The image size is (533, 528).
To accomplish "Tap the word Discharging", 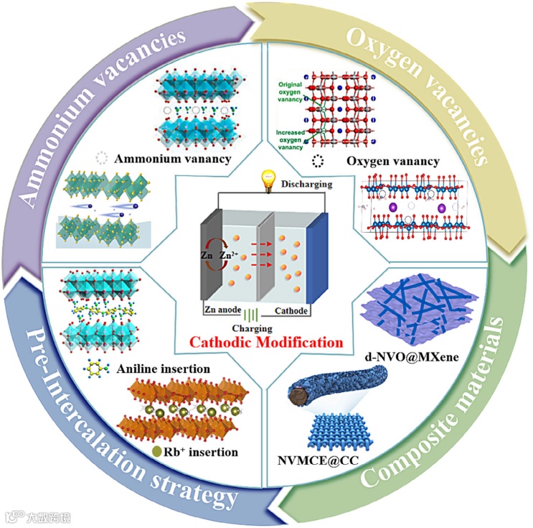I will click(x=307, y=184).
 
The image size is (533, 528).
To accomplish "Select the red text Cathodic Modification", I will click(x=267, y=342).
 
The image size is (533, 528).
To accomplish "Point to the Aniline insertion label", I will click(x=165, y=369).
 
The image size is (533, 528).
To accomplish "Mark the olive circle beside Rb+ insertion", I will click(x=156, y=452).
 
